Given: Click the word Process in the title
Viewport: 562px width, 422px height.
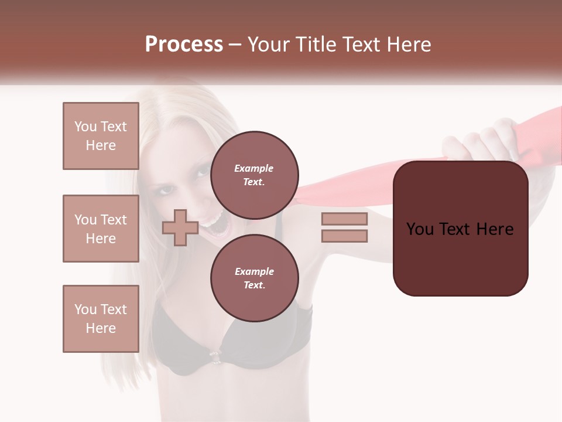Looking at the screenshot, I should pyautogui.click(x=184, y=45).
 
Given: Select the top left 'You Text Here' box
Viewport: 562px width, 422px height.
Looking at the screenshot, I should pyautogui.click(x=101, y=136).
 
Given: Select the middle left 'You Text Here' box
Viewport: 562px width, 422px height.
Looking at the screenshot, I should pyautogui.click(x=101, y=229).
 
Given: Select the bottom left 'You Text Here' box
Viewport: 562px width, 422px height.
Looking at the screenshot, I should pyautogui.click(x=101, y=319).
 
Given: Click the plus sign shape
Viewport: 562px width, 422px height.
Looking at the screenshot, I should pyautogui.click(x=180, y=227).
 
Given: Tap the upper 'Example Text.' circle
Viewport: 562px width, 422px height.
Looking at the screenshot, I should pyautogui.click(x=254, y=175).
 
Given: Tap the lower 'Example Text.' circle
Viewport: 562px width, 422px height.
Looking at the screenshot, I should pyautogui.click(x=254, y=278).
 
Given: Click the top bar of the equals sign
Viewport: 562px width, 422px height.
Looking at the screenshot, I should pyautogui.click(x=344, y=219).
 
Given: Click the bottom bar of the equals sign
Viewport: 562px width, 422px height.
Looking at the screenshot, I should pyautogui.click(x=344, y=236).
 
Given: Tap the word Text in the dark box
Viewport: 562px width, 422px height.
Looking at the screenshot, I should pyautogui.click(x=460, y=229).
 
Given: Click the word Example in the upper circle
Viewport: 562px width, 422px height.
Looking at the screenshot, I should pyautogui.click(x=253, y=168).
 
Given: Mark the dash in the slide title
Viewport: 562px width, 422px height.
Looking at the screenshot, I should pyautogui.click(x=235, y=45).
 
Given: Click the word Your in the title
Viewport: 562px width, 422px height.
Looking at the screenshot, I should pyautogui.click(x=268, y=45).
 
